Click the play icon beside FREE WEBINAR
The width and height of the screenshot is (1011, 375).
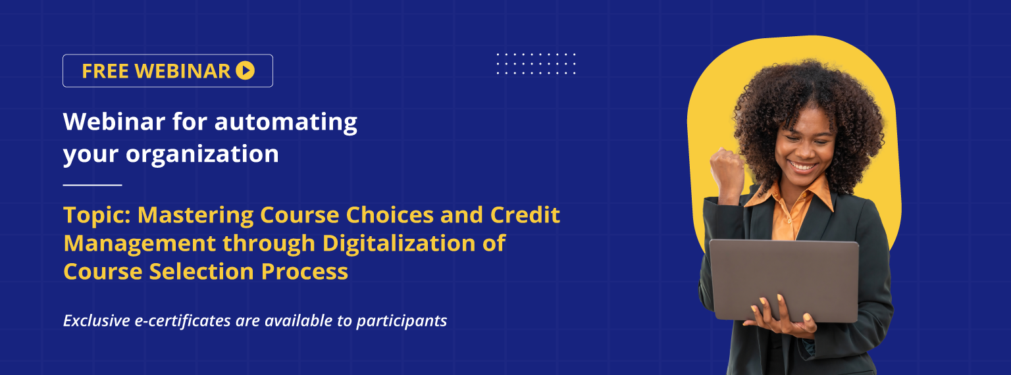coord(246,70)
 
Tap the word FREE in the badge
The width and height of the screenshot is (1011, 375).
coord(105,71)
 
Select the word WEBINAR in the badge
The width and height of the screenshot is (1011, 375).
coord(182,71)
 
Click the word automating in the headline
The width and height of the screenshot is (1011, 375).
coord(286,122)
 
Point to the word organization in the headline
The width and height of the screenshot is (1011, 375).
coord(202,155)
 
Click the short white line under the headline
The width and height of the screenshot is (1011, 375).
coord(93,185)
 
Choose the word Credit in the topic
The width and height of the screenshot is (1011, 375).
coord(525,214)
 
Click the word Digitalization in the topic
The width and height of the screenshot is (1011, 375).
coord(399,243)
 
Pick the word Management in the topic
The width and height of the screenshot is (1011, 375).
coord(140,243)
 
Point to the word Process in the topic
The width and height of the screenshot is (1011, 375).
coord(305,272)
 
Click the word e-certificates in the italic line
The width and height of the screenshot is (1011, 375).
coord(183,320)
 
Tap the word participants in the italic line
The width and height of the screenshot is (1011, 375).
coord(402,321)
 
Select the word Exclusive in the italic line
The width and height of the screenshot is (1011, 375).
coord(97,320)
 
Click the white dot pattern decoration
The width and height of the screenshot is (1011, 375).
coord(536,64)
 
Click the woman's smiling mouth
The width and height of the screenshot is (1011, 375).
coord(802,167)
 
